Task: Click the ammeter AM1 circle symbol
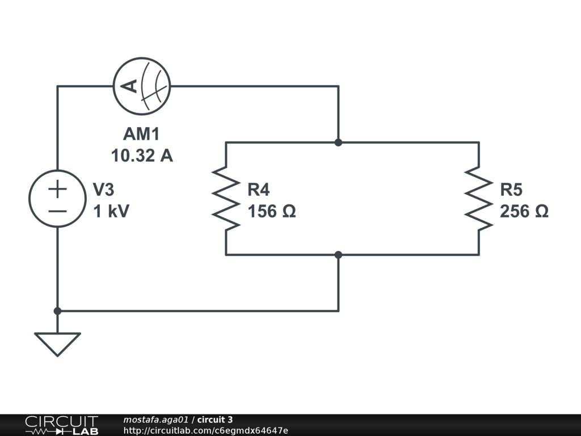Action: point(142,86)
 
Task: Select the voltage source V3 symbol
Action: point(57,199)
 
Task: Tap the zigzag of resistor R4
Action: point(226,199)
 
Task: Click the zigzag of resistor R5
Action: point(478,199)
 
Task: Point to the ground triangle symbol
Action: point(57,343)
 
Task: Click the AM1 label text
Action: point(142,135)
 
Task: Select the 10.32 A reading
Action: point(142,156)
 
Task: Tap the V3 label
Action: point(107,190)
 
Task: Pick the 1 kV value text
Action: point(111,211)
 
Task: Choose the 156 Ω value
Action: point(271,211)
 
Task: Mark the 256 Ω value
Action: point(524,211)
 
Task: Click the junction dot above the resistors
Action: point(339,142)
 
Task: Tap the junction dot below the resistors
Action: point(339,255)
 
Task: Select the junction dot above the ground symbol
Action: point(57,311)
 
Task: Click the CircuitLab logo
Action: point(61,425)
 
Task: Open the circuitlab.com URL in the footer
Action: point(205,430)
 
